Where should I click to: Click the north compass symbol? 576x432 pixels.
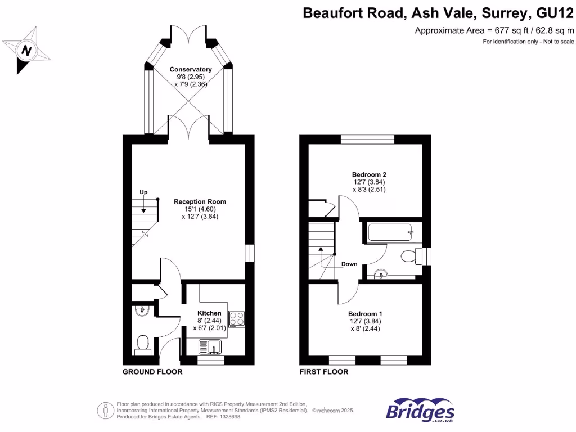click(25, 51)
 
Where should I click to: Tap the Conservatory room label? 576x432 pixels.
click(191, 69)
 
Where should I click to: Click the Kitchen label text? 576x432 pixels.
click(209, 313)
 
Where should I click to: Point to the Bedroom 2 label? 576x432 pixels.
click(368, 175)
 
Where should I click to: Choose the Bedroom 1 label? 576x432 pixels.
click(365, 314)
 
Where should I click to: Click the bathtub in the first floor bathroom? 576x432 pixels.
click(390, 232)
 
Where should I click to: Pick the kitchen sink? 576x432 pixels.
click(211, 348)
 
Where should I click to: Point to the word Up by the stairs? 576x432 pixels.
click(143, 193)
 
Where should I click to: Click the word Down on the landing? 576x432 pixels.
click(349, 264)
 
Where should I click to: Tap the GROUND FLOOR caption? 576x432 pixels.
click(152, 372)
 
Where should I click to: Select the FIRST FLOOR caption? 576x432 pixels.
click(324, 372)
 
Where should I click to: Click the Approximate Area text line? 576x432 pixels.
click(494, 30)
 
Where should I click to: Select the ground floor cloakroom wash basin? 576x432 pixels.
click(142, 310)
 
